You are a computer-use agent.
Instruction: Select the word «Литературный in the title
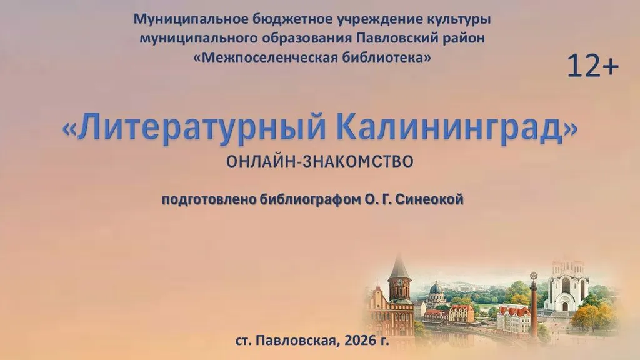pos(194,128)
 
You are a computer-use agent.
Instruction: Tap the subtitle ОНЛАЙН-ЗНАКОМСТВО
pos(320,162)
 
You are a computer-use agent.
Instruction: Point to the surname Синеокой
pos(430,199)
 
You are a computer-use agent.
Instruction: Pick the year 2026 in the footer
pos(360,340)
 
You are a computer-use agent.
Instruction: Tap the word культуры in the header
pos(459,19)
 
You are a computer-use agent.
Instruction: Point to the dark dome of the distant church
pos(436,288)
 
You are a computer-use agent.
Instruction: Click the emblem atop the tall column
pos(533,276)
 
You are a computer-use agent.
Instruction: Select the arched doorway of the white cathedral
pos(565,306)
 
